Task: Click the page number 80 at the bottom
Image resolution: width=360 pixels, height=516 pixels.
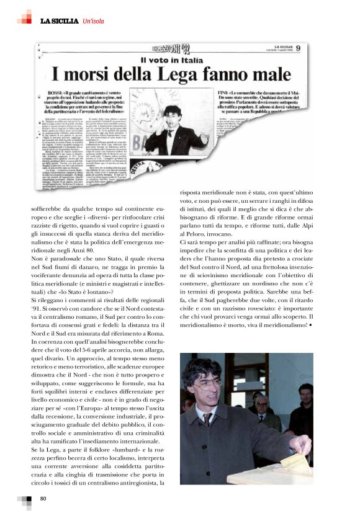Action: click(x=43, y=499)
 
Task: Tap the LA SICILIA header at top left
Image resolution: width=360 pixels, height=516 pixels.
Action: click(x=60, y=22)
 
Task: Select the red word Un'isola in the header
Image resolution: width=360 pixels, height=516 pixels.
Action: click(x=96, y=22)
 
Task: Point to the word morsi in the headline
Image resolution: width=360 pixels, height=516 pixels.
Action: click(x=102, y=76)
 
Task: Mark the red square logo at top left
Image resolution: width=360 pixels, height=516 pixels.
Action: click(x=24, y=17)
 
